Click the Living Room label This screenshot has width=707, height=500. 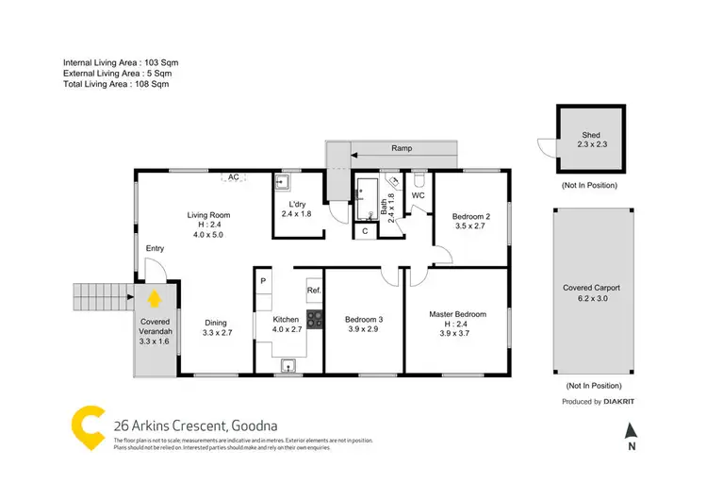[208, 215]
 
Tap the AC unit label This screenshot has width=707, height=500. [233, 176]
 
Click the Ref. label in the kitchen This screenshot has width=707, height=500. [314, 291]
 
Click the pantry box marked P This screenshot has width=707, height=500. [264, 281]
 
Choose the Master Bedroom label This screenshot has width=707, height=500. [457, 314]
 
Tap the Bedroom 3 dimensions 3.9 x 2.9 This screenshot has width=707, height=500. [363, 329]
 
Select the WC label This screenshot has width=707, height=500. [419, 196]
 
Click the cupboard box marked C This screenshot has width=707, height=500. [365, 229]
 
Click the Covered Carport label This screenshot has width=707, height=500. [592, 288]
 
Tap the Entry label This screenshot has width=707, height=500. [155, 248]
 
